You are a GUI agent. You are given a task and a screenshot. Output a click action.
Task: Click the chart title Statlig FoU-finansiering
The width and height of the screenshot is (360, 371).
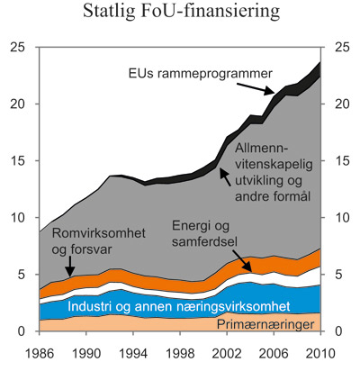(180, 14)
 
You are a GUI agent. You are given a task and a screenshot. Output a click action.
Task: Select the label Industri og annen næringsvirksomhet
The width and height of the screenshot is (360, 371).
(172, 306)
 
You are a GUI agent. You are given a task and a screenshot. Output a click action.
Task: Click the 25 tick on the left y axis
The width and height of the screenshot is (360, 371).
(20, 47)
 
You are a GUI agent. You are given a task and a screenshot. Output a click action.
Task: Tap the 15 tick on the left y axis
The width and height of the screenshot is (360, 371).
(20, 161)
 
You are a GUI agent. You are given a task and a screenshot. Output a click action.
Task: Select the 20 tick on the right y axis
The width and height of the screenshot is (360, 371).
(340, 104)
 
